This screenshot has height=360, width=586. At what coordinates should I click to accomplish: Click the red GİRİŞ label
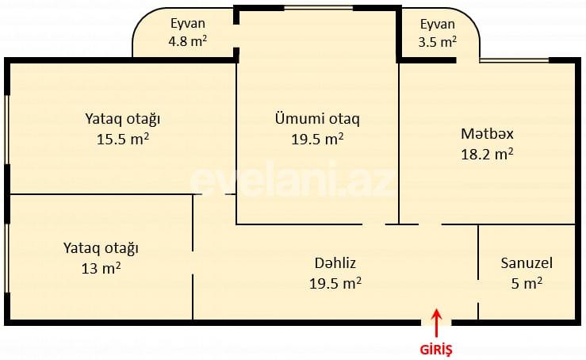coord(435,347)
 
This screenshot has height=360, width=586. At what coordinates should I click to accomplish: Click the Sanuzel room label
coord(527,262)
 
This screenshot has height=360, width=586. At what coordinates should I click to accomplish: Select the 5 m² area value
coord(527,282)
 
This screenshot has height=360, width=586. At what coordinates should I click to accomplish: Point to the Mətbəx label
coord(487,132)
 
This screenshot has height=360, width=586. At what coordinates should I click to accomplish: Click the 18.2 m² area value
coord(487,153)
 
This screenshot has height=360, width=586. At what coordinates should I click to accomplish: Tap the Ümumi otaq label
coord(317,119)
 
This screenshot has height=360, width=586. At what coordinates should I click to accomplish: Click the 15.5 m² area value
coord(123,140)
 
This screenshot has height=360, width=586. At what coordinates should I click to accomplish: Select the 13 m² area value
coord(101,268)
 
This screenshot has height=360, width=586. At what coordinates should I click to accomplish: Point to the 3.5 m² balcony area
coord(436,41)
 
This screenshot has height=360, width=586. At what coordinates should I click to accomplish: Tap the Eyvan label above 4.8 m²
coord(186,24)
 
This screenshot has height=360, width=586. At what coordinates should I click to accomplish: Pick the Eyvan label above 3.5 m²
coord(438,24)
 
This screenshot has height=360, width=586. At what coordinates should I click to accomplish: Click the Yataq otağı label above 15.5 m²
coord(123,119)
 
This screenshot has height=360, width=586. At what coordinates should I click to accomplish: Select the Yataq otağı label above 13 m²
coord(101,247)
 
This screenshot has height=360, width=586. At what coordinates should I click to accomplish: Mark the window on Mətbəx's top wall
coord(515,60)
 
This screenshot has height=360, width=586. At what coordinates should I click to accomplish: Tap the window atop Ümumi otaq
coord(318,8)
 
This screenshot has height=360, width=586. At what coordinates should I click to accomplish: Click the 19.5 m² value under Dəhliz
coord(335,282)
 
